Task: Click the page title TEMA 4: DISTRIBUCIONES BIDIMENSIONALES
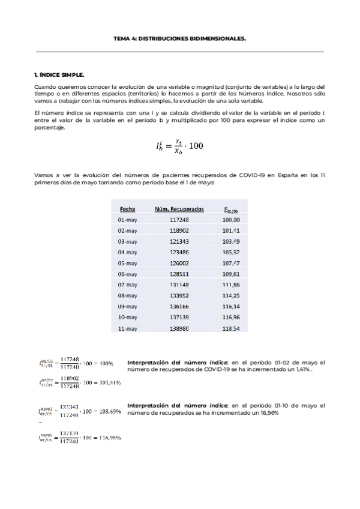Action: (180, 38)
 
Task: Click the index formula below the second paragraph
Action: (179, 144)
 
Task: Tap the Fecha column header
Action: (127, 209)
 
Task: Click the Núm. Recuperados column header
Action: (179, 209)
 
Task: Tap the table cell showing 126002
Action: (179, 263)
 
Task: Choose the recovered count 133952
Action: (179, 295)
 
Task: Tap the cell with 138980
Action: (179, 328)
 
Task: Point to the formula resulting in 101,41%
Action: (80, 382)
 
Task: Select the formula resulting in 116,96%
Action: (80, 437)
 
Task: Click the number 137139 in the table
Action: (179, 318)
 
